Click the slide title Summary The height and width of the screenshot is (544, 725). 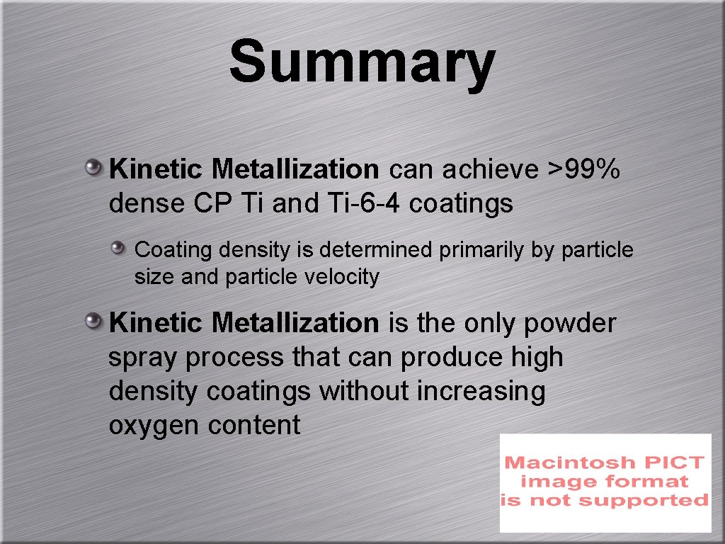pyautogui.click(x=362, y=62)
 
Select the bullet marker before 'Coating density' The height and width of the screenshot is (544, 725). pyautogui.click(x=118, y=248)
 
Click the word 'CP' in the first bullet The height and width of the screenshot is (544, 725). pyautogui.click(x=209, y=204)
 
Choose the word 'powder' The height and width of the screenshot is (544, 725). pyautogui.click(x=570, y=324)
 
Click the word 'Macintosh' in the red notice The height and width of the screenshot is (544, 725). pyautogui.click(x=559, y=463)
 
